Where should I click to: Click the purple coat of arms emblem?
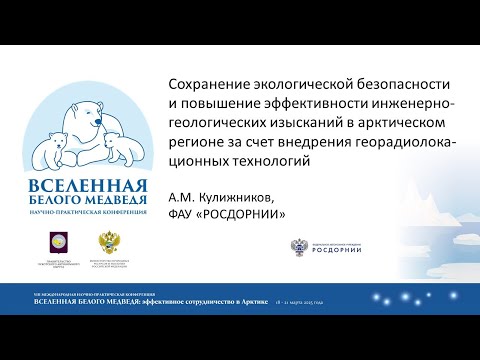pos(59,241)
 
